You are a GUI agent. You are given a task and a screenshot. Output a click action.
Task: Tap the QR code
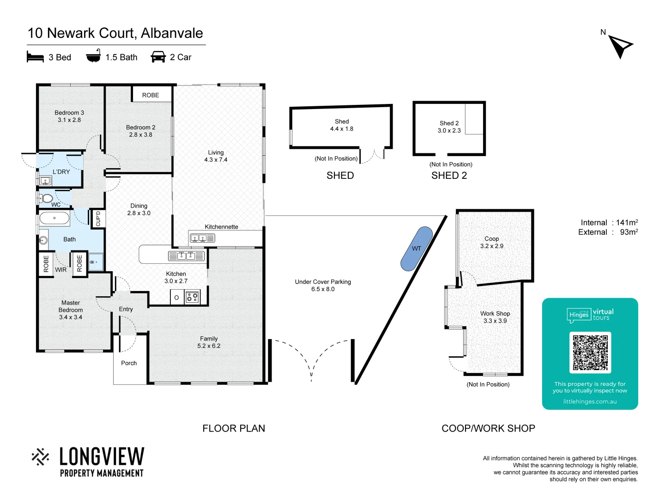tap(590, 353)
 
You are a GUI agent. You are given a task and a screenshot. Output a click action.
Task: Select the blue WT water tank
tap(417, 248)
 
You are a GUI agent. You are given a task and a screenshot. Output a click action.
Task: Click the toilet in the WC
tap(47, 199)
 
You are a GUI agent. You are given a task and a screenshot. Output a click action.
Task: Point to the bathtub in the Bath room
tap(54, 218)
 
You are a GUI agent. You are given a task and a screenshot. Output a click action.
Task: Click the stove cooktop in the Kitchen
tap(193, 297)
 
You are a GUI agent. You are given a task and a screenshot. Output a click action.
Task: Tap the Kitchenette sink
tap(199, 238)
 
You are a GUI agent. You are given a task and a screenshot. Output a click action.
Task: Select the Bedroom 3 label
tap(69, 113)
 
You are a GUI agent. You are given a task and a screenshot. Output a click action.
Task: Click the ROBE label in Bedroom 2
tap(151, 95)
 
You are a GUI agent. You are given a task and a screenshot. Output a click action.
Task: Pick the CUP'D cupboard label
tap(98, 219)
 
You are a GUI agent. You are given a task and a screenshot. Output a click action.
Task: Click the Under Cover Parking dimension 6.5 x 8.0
tap(323, 289)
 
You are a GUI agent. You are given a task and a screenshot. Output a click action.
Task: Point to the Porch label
tap(129, 363)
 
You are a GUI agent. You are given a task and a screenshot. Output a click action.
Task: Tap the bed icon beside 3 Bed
tap(35, 57)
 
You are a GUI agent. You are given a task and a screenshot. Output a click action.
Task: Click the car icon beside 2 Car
tap(158, 57)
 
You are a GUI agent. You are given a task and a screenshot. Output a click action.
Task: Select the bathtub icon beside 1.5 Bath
tap(93, 56)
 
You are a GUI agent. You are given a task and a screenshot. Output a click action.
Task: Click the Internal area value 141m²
tap(627, 223)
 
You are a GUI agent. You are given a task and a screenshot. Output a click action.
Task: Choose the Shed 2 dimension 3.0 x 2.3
tap(449, 131)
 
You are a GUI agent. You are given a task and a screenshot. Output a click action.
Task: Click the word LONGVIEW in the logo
tap(102, 456)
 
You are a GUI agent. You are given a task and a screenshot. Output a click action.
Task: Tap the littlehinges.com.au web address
tap(590, 402)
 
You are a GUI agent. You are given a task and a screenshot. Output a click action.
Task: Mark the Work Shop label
tap(495, 313)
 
